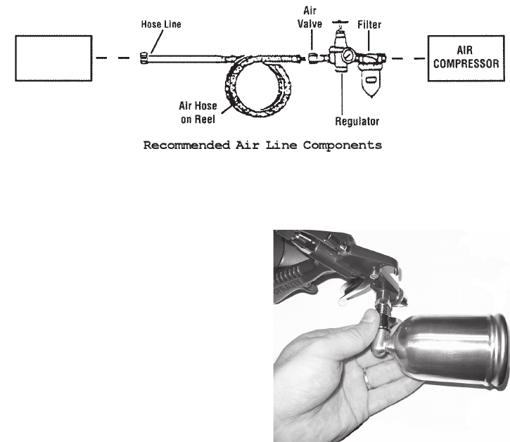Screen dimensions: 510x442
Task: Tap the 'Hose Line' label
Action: click(161, 24)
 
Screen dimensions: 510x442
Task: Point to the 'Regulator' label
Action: click(357, 121)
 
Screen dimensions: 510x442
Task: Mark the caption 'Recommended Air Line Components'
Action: click(262, 146)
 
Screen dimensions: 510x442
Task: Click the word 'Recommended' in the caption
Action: click(179, 146)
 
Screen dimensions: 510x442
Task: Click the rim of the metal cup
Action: click(497, 361)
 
